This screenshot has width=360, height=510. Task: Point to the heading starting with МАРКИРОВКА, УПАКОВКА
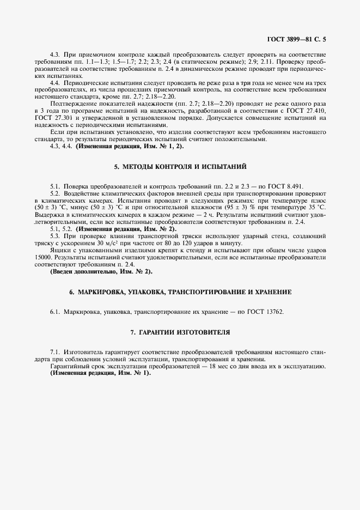click(x=180, y=293)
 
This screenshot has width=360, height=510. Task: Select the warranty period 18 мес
click(x=230, y=367)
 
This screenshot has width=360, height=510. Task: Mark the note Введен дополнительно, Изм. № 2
click(x=101, y=271)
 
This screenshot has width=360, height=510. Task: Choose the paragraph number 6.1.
click(x=54, y=312)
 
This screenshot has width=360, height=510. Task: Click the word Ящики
click(x=60, y=251)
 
